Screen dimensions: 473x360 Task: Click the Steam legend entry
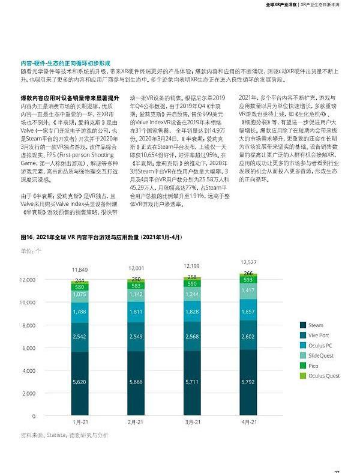315,325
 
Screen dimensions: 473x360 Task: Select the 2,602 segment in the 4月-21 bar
248,337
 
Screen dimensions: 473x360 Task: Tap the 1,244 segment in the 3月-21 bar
192,294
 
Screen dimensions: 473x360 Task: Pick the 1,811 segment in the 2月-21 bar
136,312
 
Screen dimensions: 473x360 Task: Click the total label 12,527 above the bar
248,262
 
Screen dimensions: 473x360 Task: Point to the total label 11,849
80,270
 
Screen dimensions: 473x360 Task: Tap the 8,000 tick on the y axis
28,325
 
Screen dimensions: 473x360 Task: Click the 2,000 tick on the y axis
28,393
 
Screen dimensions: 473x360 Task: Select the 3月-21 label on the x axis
192,423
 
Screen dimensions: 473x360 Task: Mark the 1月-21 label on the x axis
80,423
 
